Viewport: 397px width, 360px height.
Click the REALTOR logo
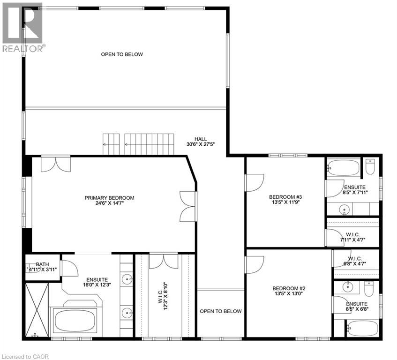(x=23, y=27)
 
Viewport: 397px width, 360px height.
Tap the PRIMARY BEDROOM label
(x=109, y=201)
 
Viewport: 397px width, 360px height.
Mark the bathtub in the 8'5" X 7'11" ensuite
(x=343, y=166)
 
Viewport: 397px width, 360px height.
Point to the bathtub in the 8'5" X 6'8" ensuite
(x=361, y=328)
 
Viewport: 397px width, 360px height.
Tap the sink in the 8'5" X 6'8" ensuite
(x=348, y=286)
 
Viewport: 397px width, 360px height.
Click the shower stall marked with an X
(x=36, y=310)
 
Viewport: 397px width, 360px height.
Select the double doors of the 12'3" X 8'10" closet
(x=165, y=261)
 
